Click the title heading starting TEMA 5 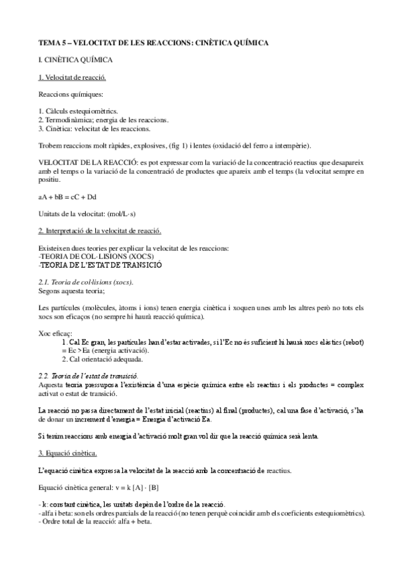coord(153,42)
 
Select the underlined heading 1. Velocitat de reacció coord(71,78)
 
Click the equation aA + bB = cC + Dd coord(68,197)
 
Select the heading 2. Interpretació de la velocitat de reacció coord(99,231)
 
